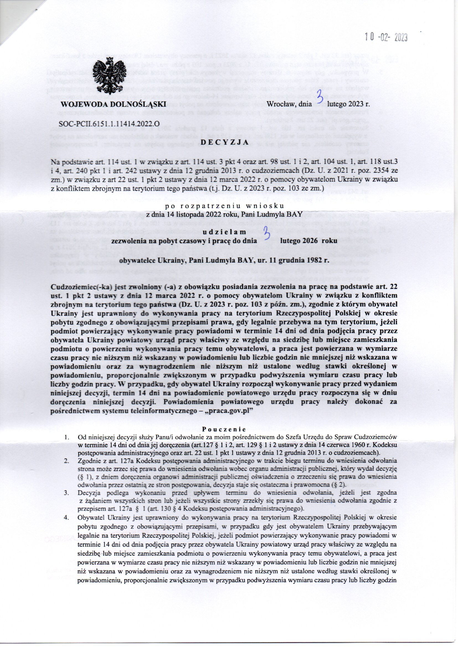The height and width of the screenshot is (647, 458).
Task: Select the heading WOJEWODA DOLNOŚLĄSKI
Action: pos(113,104)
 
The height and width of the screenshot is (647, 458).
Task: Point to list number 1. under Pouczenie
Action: pos(67,437)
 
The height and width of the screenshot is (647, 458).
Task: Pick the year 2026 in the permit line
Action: pos(309,241)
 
